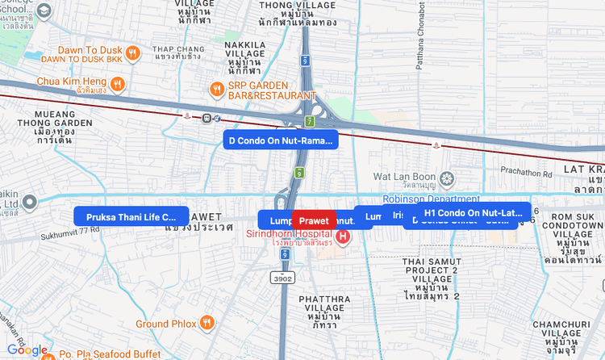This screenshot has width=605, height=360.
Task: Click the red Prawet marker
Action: [x=314, y=220]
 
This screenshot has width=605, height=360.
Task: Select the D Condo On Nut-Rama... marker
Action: [x=281, y=140]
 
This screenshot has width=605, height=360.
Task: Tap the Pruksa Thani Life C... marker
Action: [x=131, y=216]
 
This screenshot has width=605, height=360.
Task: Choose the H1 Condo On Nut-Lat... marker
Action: [x=474, y=212]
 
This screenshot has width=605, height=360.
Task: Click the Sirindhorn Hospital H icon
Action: [x=343, y=237]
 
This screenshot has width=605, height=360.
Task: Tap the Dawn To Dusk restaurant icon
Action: [x=134, y=53]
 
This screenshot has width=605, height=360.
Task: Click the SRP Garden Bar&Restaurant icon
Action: [x=216, y=87]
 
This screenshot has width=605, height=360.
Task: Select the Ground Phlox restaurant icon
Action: [x=207, y=324]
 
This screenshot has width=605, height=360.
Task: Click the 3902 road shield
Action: [x=283, y=278]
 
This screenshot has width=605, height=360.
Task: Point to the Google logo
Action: [x=27, y=350]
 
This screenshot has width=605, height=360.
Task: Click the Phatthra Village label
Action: [x=324, y=311]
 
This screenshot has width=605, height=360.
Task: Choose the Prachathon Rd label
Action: [x=525, y=171]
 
